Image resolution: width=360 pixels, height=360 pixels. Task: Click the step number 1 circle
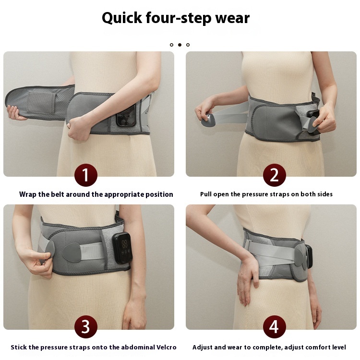(x=85, y=175)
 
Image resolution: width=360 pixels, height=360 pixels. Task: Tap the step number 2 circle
(x=275, y=175)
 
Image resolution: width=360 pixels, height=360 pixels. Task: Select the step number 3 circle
(x=85, y=327)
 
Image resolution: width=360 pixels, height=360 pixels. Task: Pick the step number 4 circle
(x=275, y=327)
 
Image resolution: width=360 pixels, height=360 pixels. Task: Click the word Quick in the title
(x=122, y=18)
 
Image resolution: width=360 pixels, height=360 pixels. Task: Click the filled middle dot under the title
(x=180, y=45)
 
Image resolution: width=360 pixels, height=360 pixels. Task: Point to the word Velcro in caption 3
(x=166, y=347)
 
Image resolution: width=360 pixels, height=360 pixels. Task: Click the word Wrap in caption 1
(x=28, y=194)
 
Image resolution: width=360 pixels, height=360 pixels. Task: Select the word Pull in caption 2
(x=206, y=194)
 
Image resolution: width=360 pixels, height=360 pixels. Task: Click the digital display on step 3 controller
(x=125, y=244)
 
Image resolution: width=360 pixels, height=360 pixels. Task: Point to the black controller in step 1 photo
(x=126, y=116)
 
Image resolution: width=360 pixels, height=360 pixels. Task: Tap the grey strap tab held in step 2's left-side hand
(x=209, y=120)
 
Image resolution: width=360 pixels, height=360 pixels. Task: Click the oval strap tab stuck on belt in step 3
(x=72, y=253)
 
